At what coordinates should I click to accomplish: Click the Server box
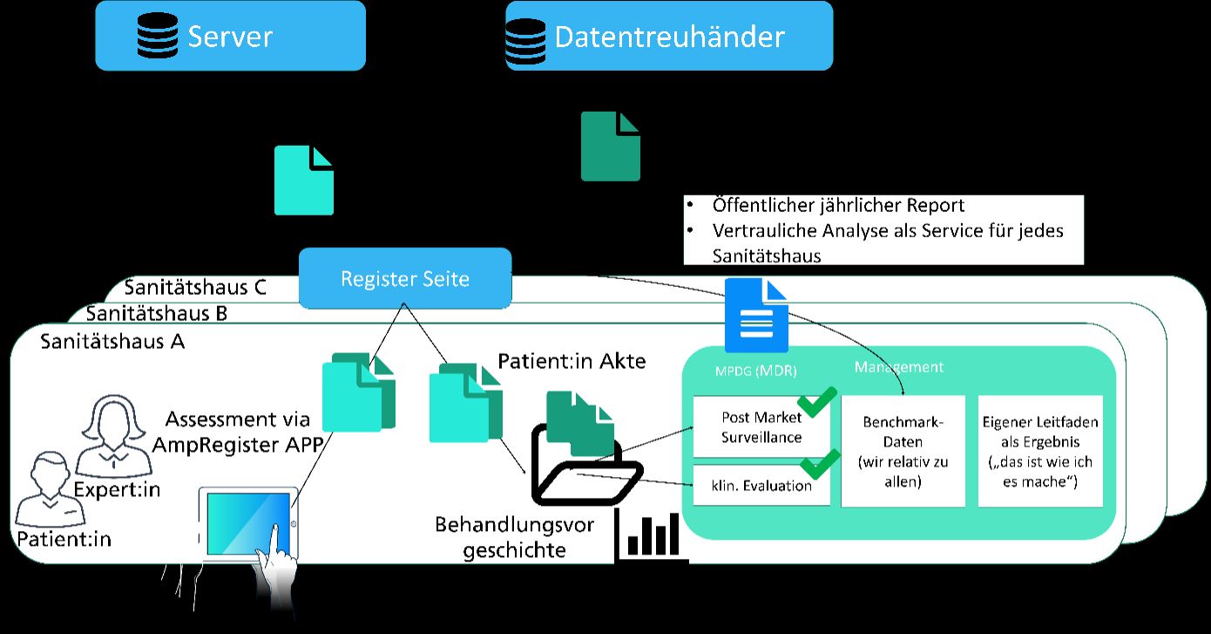[230, 36]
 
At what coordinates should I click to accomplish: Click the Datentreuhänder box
[669, 36]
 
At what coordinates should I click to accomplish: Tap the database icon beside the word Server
[157, 36]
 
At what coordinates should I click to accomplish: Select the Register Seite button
[404, 279]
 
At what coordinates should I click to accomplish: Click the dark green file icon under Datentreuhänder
[611, 147]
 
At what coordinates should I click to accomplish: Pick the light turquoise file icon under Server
[304, 181]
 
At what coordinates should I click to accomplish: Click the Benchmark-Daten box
[903, 451]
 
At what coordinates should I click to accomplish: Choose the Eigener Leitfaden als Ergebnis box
[1040, 451]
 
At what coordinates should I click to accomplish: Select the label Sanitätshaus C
[195, 287]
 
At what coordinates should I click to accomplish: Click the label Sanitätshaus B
[157, 313]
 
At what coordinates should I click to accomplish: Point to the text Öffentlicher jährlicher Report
[838, 207]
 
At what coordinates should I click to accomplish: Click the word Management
[898, 367]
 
